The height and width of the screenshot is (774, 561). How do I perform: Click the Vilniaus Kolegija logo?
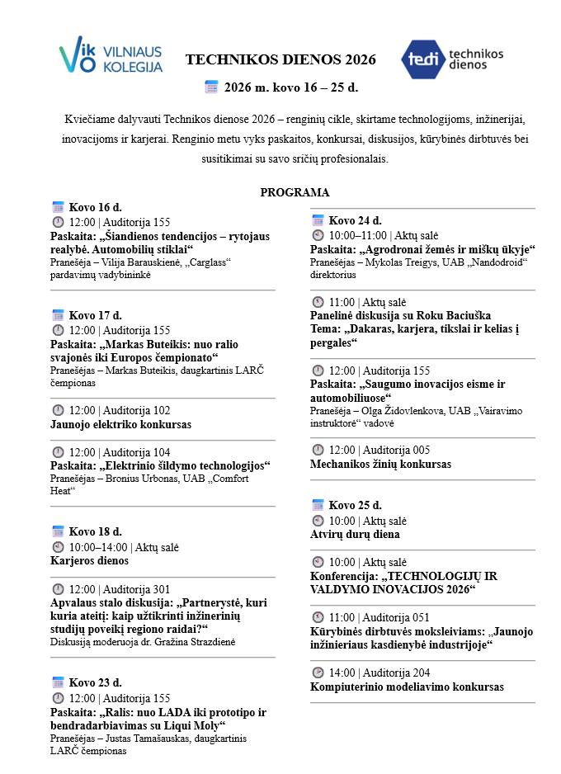[111, 58]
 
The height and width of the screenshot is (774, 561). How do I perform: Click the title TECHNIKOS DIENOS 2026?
[280, 59]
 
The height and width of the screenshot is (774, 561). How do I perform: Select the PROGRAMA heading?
[295, 192]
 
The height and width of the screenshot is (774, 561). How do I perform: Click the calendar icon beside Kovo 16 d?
[58, 207]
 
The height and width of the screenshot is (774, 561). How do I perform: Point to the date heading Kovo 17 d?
[95, 315]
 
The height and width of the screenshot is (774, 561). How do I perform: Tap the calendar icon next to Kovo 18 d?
[58, 531]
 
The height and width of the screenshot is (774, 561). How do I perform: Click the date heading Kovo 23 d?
[95, 682]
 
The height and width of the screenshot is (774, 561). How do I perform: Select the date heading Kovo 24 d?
[355, 220]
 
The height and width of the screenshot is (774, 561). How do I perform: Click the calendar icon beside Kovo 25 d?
[318, 505]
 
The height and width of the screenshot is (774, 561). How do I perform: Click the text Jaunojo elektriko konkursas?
[120, 424]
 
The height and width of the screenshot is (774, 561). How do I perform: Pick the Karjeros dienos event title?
[89, 560]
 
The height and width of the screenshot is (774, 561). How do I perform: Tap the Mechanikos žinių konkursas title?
[380, 464]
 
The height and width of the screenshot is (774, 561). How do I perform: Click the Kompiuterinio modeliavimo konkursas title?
[407, 687]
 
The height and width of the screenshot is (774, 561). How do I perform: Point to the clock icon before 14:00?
[318, 673]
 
